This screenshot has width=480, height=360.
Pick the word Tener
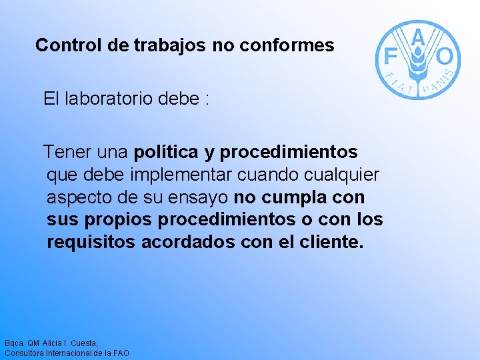click(x=67, y=152)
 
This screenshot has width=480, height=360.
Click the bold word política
click(x=166, y=153)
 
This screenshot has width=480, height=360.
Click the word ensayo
click(x=199, y=197)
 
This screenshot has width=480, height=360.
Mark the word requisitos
click(x=91, y=242)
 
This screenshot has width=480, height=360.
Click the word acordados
click(x=188, y=241)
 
